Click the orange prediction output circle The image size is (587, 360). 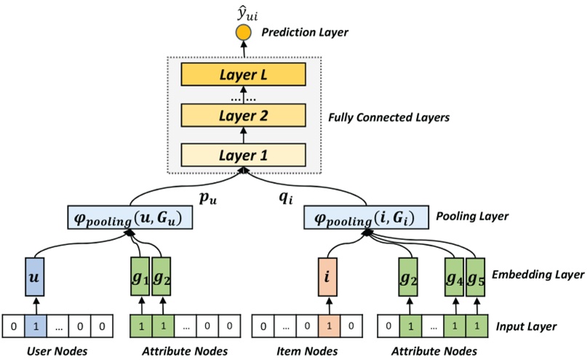[x=241, y=33]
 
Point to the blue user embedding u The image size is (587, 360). [x=32, y=278]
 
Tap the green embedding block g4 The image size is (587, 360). [x=455, y=278]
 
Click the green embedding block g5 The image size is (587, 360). [x=476, y=278]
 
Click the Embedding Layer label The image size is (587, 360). [x=538, y=275]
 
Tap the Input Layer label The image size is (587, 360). [x=526, y=326]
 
